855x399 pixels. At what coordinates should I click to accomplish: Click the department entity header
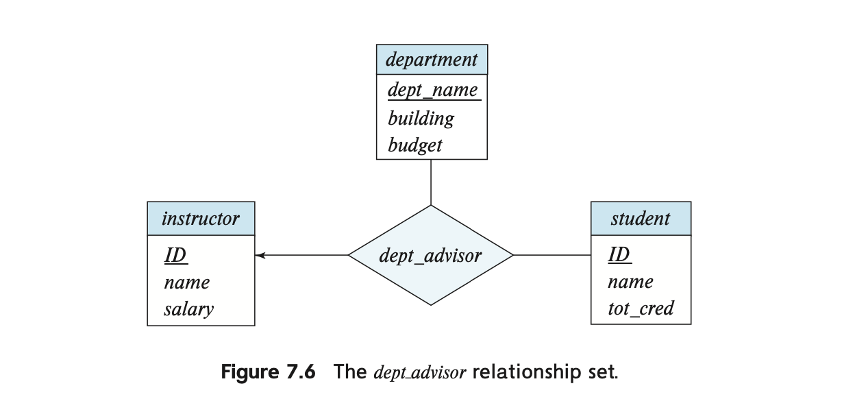432,60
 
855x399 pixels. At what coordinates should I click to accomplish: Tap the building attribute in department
421,119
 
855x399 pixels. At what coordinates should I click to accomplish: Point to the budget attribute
415,145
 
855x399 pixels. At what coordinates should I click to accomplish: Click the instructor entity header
201,219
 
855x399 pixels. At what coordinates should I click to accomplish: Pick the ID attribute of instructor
175,255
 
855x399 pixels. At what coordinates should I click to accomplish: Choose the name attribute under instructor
186,283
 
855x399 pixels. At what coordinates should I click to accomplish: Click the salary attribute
188,309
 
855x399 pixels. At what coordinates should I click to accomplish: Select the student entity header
641,219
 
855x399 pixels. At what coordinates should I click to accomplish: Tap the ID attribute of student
619,254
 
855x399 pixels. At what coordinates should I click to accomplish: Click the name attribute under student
630,282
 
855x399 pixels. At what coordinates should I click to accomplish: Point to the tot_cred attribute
641,309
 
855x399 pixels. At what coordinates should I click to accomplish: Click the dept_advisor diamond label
430,256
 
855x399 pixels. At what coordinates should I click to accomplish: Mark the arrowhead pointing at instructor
260,255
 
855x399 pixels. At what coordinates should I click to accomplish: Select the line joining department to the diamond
431,182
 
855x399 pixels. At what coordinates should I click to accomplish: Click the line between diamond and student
552,254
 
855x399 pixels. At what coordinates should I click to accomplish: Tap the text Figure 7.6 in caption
269,372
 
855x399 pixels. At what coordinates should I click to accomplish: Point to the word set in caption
603,372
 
